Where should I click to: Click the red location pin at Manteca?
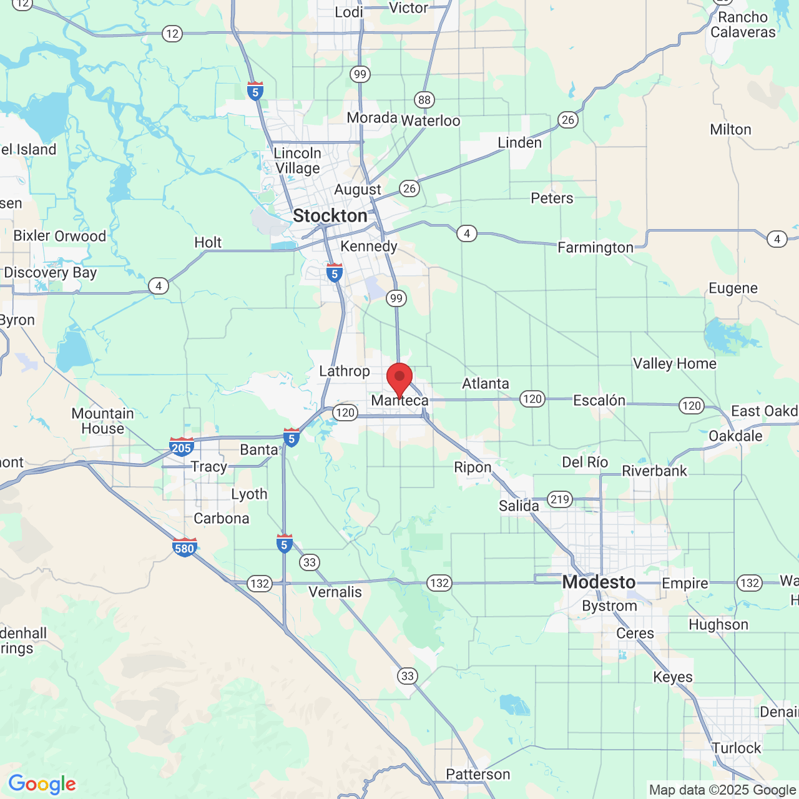click(399, 378)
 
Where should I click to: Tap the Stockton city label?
click(330, 216)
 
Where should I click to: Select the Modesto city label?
click(599, 582)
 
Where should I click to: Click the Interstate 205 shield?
click(181, 447)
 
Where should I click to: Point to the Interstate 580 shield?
click(184, 547)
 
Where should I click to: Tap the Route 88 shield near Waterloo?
click(424, 100)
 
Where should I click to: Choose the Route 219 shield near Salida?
click(559, 499)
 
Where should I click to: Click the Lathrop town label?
click(344, 371)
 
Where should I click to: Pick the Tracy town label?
click(209, 467)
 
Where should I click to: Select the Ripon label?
click(473, 468)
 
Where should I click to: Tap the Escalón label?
click(599, 400)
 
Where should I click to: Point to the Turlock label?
click(737, 748)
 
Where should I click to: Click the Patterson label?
click(478, 775)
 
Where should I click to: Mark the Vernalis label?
click(335, 592)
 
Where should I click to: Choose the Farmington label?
click(595, 248)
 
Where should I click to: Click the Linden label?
click(519, 143)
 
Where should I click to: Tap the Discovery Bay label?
click(50, 273)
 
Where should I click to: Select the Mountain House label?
click(102, 421)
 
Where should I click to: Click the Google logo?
click(42, 784)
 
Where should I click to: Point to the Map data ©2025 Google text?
click(722, 790)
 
